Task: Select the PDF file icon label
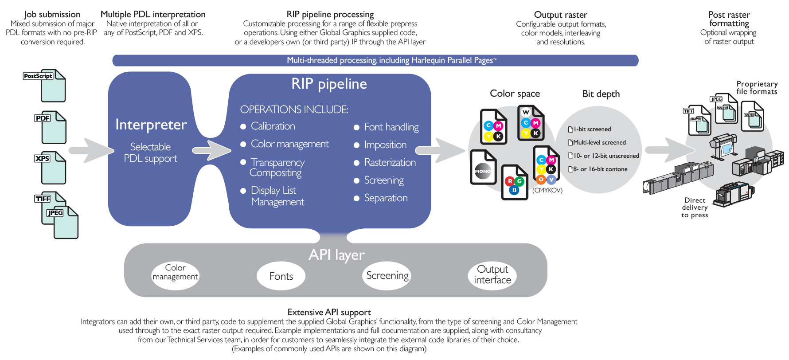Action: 43,118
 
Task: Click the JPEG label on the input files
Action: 55,213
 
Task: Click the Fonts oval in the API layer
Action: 281,276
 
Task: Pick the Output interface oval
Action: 492,275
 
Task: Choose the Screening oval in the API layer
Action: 387,276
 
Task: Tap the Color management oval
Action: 175,273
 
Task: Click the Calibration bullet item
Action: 273,126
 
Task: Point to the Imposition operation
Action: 385,145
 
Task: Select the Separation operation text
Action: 386,198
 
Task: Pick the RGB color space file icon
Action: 514,182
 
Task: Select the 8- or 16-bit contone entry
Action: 600,169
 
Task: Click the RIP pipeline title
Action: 329,84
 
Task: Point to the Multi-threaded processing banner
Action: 375,60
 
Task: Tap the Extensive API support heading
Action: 329,313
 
